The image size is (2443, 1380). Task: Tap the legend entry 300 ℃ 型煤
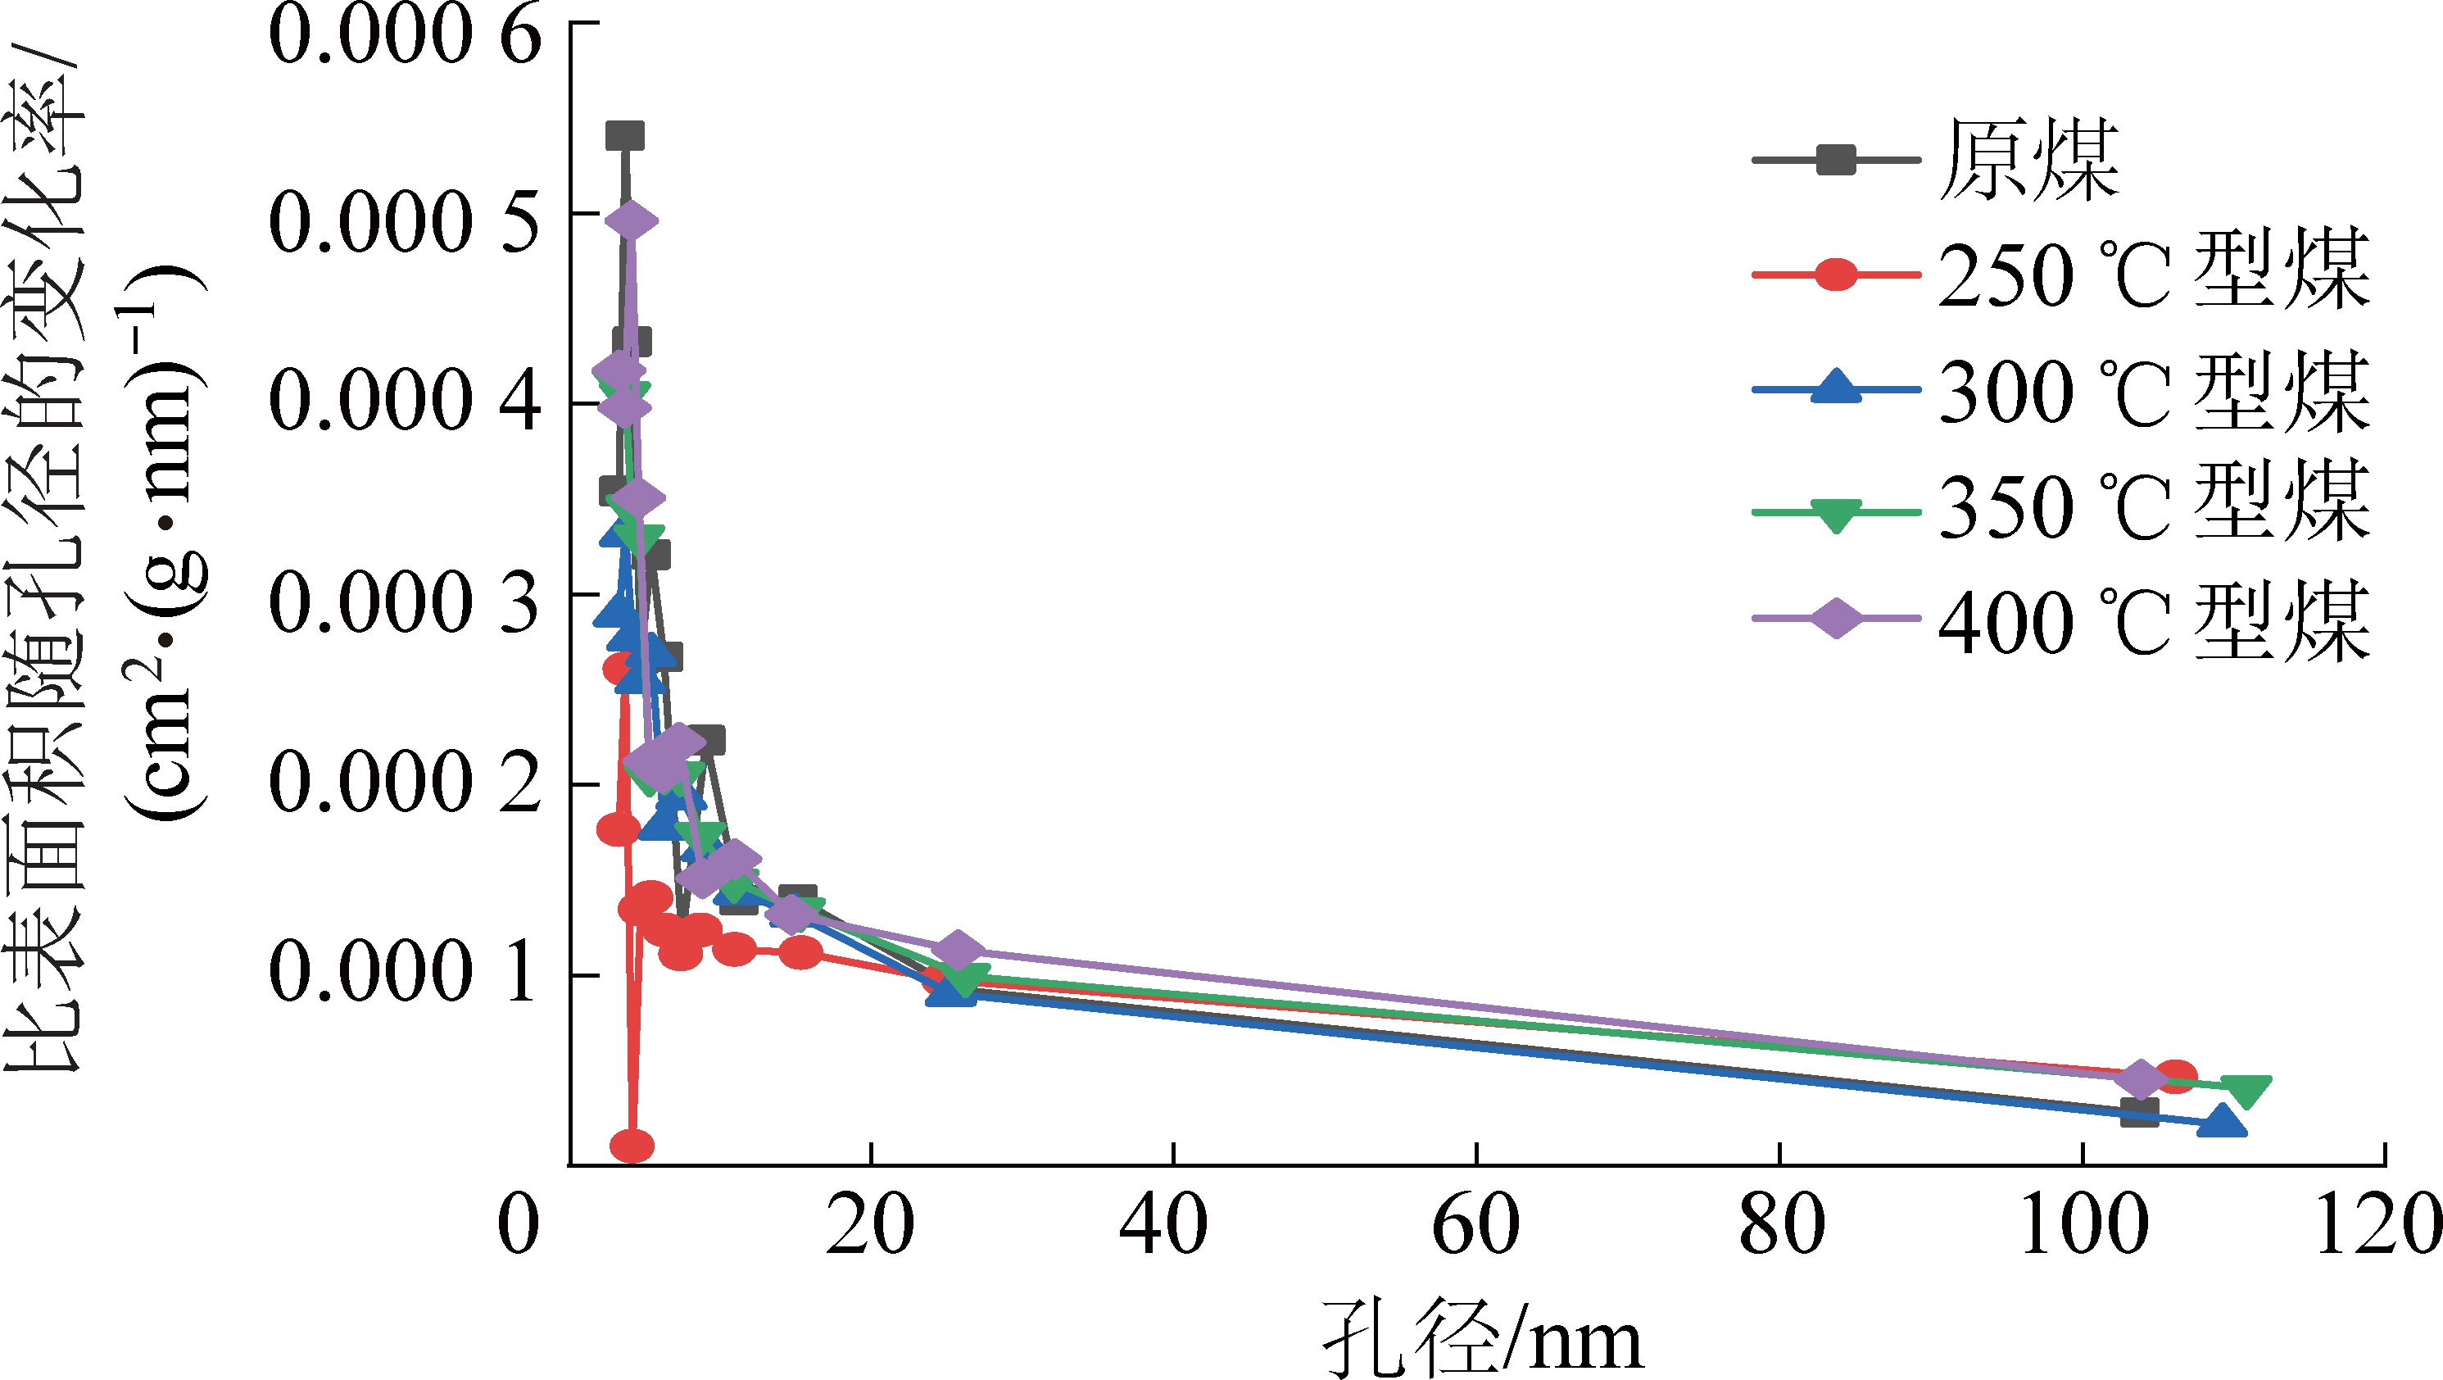pos(2154,391)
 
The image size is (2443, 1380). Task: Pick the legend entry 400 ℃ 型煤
pos(2154,622)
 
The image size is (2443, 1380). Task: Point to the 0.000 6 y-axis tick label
pos(405,38)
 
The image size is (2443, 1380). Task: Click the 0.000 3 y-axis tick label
pos(405,603)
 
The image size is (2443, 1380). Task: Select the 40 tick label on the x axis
pos(1163,1225)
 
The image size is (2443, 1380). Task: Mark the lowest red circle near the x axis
pos(632,1146)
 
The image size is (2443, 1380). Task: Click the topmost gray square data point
pos(625,136)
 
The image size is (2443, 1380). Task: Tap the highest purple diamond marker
pos(632,221)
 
